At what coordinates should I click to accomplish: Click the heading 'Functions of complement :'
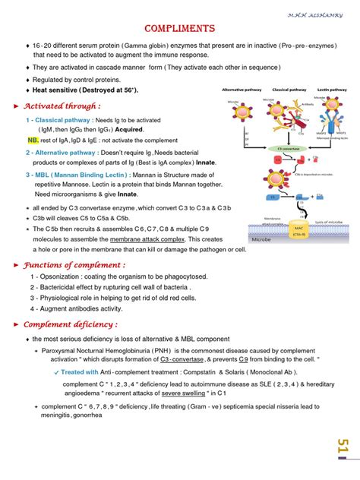pos(75,264)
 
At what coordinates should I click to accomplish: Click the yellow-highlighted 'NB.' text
pos(33,140)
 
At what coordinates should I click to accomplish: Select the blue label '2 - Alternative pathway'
pos(60,152)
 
